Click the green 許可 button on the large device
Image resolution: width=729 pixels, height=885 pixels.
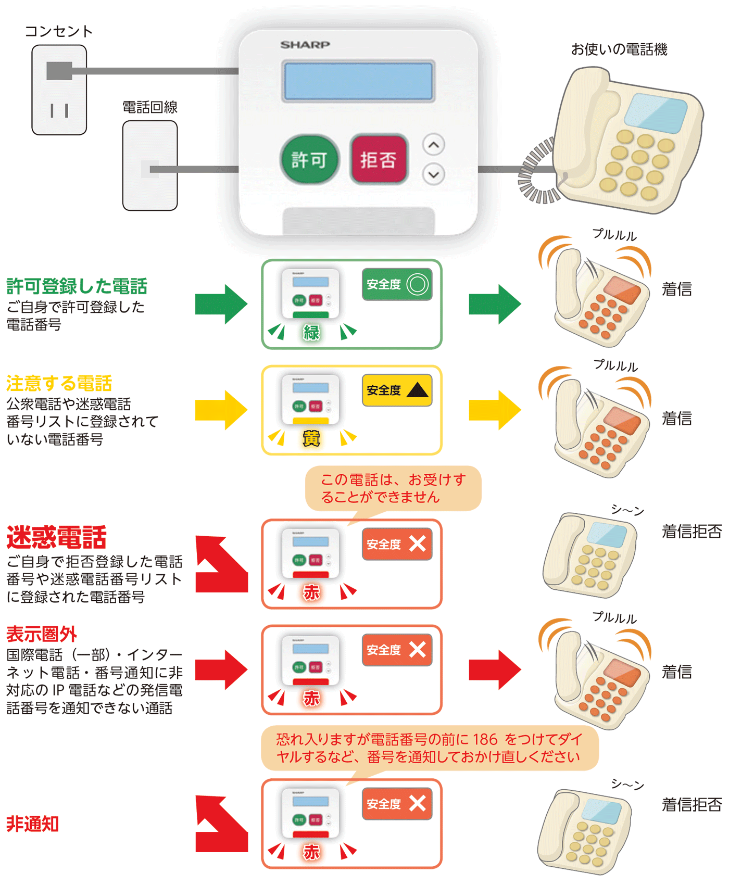pos(309,159)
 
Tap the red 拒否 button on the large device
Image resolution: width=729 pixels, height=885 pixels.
pos(379,159)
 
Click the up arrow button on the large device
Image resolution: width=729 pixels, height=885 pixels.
pos(434,145)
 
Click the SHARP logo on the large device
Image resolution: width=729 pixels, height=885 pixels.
pos(305,45)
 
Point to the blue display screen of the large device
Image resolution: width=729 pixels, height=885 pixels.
pos(358,81)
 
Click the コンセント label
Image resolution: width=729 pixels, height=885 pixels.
pos(59,31)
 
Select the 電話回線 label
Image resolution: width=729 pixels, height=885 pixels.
pos(150,107)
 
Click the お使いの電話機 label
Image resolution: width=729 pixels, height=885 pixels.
pos(619,49)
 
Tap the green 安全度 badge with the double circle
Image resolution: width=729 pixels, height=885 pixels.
pos(397,284)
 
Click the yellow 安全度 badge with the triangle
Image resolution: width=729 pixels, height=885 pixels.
pos(397,390)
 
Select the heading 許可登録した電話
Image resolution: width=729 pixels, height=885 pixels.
pos(77,286)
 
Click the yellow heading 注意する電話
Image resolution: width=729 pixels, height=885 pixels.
pos(59,384)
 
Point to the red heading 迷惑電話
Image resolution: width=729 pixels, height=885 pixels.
pos(56,537)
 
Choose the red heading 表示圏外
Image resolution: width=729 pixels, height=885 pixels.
pos(42,634)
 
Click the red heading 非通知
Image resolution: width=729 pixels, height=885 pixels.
pos(32,824)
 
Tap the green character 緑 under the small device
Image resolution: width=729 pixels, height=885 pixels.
pos(311,333)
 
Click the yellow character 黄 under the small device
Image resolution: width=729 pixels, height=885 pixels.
pos(311,439)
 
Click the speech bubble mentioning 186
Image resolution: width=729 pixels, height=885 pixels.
pos(429,748)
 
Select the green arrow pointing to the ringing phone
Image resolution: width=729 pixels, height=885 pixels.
pos(495,304)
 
